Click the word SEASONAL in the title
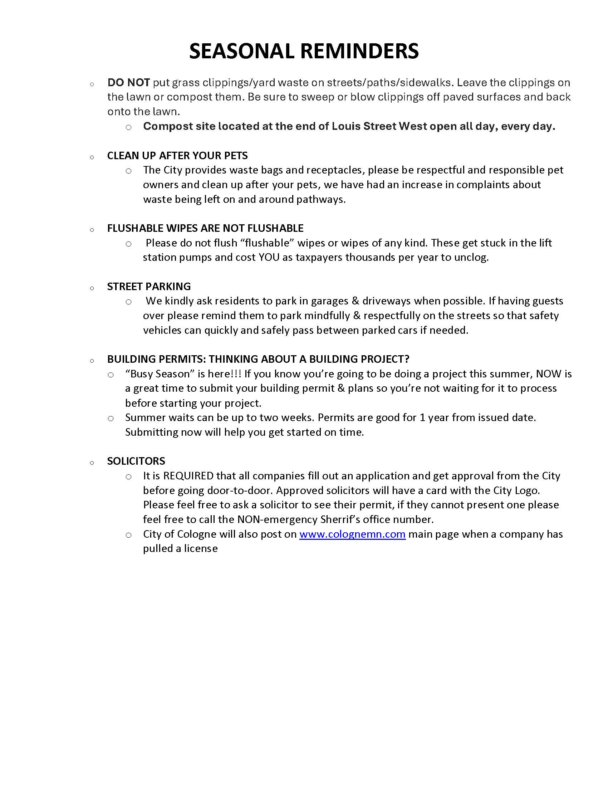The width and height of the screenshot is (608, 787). tap(242, 51)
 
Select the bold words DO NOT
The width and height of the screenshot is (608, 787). tap(128, 83)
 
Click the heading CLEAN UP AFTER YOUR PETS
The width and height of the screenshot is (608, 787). tap(177, 156)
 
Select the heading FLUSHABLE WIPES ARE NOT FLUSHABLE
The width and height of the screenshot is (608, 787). tap(205, 228)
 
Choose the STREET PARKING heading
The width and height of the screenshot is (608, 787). tap(149, 287)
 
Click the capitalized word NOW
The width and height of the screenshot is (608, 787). tap(549, 374)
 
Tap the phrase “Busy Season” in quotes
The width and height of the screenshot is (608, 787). tap(157, 374)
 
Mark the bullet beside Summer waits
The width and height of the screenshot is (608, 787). tap(111, 419)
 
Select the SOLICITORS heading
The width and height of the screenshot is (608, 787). tap(136, 461)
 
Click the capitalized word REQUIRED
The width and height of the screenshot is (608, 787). tap(188, 476)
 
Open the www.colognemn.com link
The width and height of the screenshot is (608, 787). tap(352, 534)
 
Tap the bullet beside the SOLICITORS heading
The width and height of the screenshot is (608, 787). tap(92, 463)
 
